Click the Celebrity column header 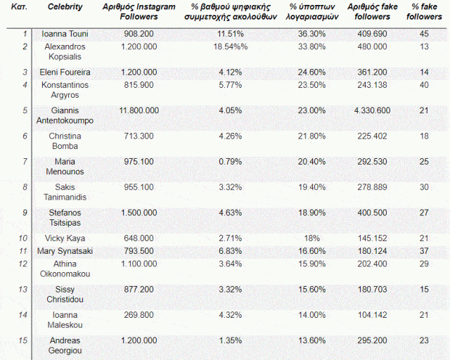65,6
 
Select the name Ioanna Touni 65,33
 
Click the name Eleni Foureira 65,72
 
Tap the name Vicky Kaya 65,238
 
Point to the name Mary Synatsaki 65,251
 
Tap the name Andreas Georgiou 65,345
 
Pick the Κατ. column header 20,6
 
